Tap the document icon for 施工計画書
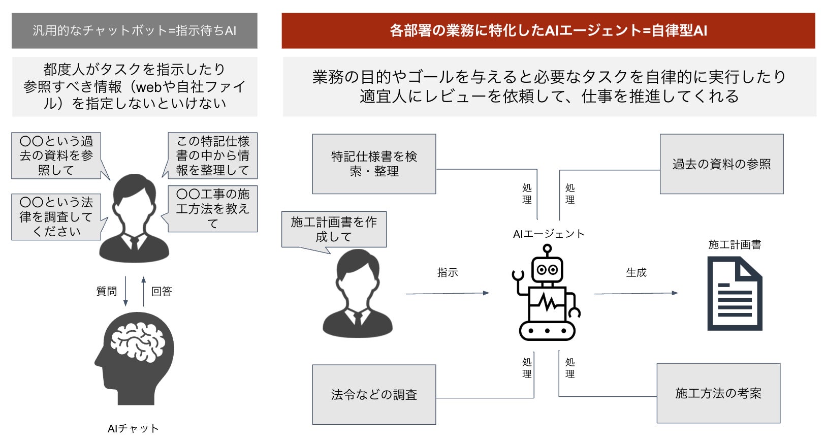pos(735,294)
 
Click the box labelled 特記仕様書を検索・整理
pos(374,164)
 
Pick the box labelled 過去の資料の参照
pos(721,164)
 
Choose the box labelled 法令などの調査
pos(374,394)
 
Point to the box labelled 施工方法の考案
pos(718,393)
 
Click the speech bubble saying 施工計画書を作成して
pos(334,229)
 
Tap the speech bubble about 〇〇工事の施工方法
pos(213,208)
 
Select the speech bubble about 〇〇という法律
pos(56,216)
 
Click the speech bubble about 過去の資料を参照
pos(56,155)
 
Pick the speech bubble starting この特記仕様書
pos(213,155)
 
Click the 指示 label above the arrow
pos(448,273)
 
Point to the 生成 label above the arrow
pos(636,273)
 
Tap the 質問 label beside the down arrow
pos(107,291)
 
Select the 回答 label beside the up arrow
pos(162,291)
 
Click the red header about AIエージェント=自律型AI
pos(548,30)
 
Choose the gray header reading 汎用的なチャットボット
pos(134,30)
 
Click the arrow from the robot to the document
pos(636,293)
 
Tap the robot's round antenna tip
pos(547,248)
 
